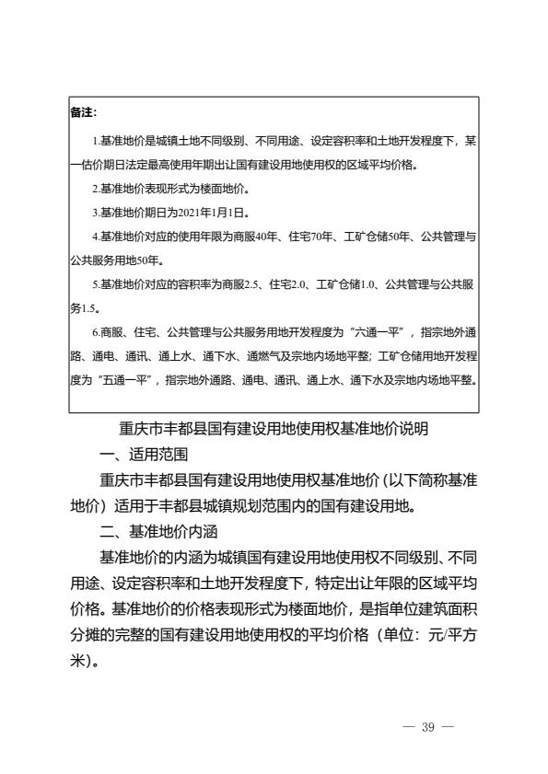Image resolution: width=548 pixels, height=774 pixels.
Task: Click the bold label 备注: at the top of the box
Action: (85, 113)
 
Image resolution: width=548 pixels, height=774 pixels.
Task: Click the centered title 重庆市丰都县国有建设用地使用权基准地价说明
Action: (274, 428)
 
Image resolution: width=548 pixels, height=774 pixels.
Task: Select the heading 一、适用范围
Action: (145, 454)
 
